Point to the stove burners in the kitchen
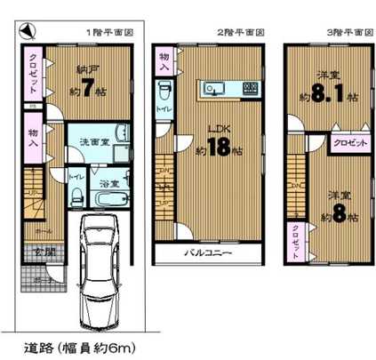click(x=251, y=88)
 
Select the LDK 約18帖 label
click(x=216, y=142)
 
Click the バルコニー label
click(x=209, y=253)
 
